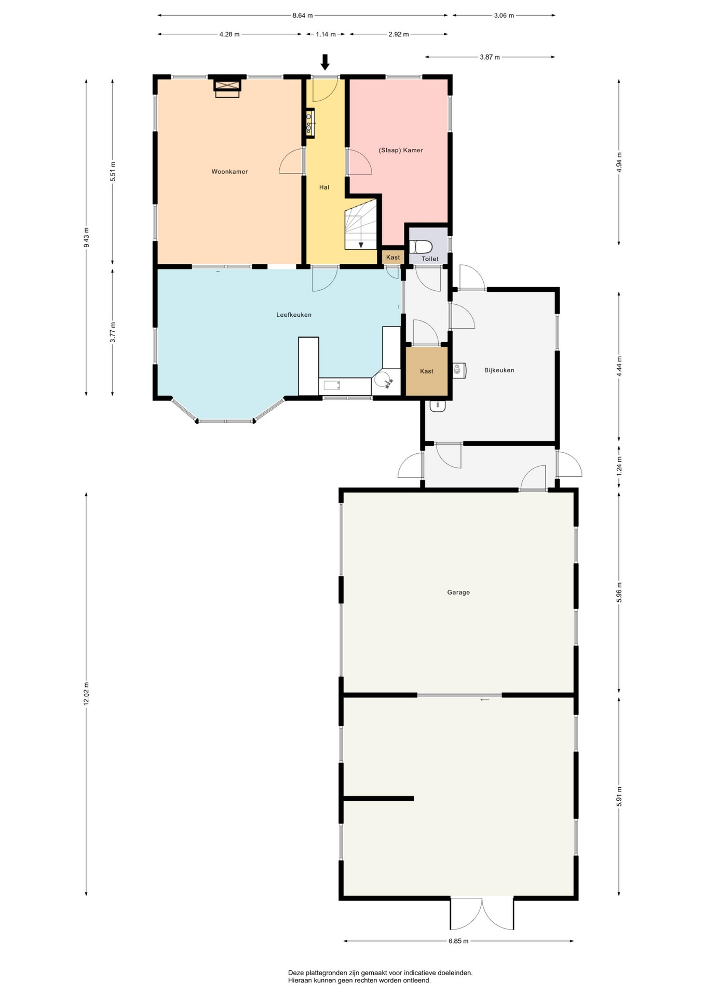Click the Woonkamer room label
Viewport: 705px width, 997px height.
229,172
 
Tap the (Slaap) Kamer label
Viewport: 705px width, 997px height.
401,151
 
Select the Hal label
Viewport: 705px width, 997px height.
324,187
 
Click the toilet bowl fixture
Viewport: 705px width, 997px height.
421,247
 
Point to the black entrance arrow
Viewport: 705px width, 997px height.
325,62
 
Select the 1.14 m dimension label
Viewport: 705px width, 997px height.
326,34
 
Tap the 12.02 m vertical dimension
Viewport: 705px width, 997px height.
86,694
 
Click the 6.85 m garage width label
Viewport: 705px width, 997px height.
458,941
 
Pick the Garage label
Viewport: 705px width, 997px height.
458,592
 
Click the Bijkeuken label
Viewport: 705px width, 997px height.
499,371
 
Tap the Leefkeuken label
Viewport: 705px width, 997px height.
294,315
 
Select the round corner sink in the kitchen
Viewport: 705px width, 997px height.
385,381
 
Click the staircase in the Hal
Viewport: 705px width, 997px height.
361,224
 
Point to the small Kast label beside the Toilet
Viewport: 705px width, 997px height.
393,258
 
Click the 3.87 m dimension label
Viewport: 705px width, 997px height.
490,57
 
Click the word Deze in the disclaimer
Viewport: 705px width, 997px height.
296,973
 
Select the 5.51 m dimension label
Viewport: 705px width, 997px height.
113,172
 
